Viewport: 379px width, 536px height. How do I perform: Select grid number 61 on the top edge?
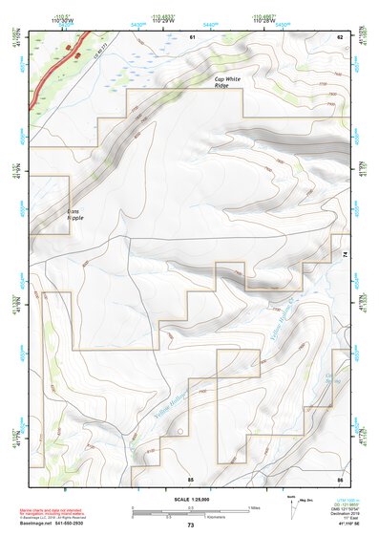tap(192, 36)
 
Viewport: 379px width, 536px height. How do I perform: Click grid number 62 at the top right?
tap(339, 36)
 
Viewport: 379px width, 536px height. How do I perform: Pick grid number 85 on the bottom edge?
tap(190, 478)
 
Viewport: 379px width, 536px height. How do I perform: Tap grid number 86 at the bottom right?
tap(339, 478)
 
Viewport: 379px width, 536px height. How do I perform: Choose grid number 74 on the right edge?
tap(346, 252)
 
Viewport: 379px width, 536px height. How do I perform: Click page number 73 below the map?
tap(190, 525)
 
